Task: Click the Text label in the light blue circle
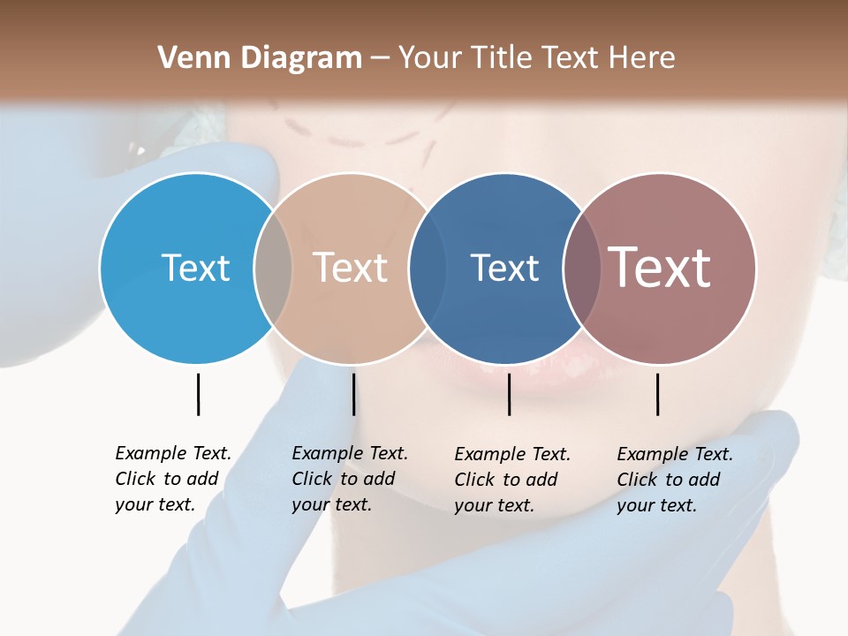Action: coord(195,268)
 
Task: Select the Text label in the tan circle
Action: coord(351,268)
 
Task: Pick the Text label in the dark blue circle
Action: coord(504,268)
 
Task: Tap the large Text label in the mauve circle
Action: coord(660,268)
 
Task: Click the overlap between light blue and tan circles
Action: coord(273,269)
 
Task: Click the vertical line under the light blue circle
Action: coord(198,394)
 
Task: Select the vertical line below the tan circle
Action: coord(353,394)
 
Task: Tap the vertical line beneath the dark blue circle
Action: coord(509,394)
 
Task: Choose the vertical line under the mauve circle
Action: coord(657,394)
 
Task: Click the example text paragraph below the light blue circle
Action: coord(173,479)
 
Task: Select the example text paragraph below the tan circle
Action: coord(350,479)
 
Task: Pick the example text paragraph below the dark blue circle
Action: coord(512,480)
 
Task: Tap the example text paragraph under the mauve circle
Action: coord(675,480)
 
